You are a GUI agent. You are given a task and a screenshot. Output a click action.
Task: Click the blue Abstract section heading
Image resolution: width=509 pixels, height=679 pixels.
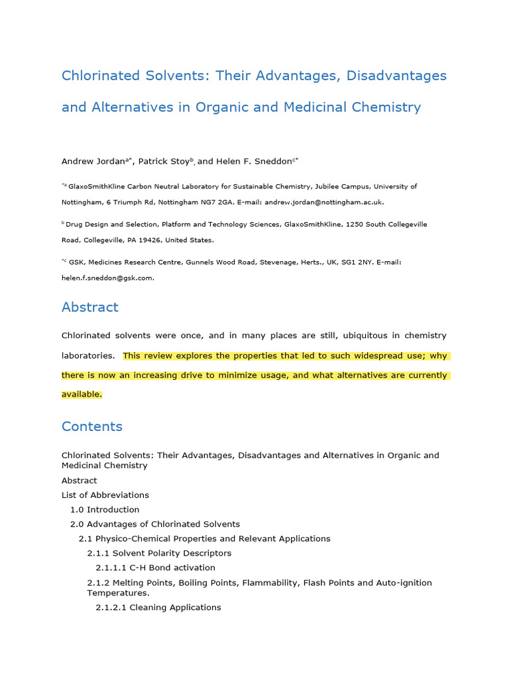click(x=89, y=307)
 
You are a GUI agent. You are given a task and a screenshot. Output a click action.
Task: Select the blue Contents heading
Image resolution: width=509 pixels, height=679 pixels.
click(x=91, y=426)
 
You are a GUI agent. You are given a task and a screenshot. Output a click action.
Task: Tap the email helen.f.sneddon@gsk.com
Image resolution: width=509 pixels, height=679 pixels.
click(x=107, y=278)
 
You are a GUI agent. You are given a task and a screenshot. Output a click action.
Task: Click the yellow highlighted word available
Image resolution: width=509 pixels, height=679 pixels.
click(x=82, y=394)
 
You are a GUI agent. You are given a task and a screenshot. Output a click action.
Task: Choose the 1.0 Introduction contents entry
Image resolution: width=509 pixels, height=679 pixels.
click(x=105, y=510)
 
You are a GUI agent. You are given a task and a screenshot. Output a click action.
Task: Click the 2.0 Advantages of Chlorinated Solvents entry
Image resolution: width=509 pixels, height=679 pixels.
click(x=155, y=525)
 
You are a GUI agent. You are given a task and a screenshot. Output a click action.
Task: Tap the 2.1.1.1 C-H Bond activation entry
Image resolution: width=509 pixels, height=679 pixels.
click(x=155, y=568)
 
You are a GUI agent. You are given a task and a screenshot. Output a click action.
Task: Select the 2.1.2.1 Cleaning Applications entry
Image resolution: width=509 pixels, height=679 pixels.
click(x=158, y=607)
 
